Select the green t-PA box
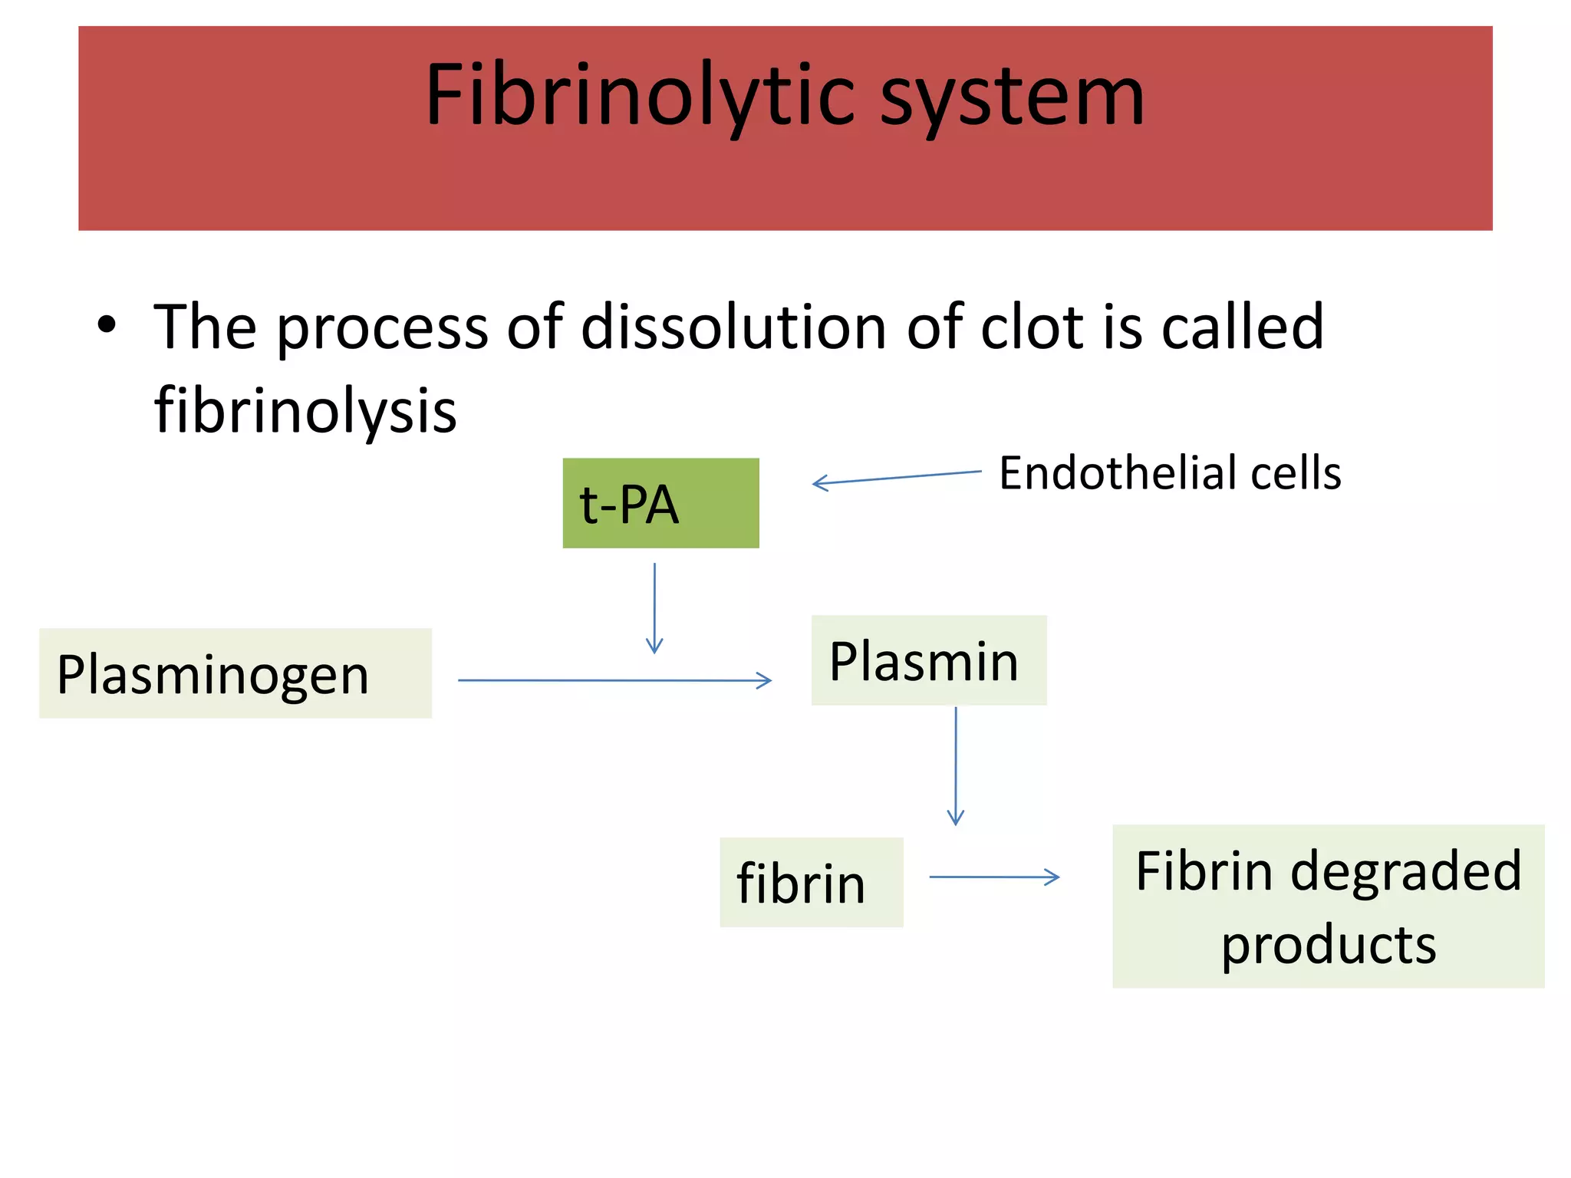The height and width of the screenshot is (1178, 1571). coord(660,503)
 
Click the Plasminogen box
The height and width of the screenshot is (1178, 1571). coord(235,673)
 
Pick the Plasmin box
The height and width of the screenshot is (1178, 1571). coord(928,660)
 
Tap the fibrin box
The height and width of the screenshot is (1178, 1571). coord(811,882)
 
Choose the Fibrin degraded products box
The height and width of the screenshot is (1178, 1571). coord(1328,906)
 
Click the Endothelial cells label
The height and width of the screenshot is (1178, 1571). coord(1170,472)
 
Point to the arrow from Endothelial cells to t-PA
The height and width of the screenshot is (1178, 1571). coord(896,478)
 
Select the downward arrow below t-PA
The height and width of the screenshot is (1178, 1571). coord(654,607)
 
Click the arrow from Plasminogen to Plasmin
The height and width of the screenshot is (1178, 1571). coord(614,680)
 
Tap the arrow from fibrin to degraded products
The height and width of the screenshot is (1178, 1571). coord(994,877)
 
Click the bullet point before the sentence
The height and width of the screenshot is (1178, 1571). coord(107,325)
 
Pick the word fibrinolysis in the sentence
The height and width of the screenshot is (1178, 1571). coord(305,411)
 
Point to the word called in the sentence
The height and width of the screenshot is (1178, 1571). coord(1243,327)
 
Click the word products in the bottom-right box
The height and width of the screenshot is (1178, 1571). coord(1328,945)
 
